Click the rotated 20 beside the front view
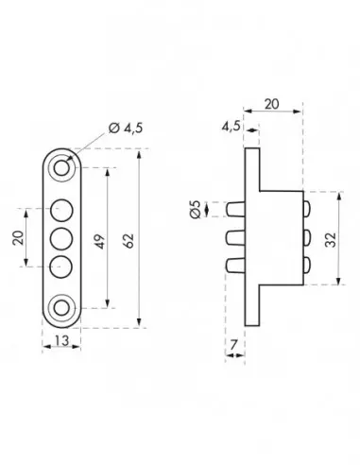click(x=19, y=236)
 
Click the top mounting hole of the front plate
click(x=62, y=168)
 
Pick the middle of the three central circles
click(x=62, y=236)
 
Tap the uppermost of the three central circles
click(x=62, y=209)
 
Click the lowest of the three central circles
click(x=62, y=264)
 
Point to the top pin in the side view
click(x=235, y=207)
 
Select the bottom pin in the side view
click(x=235, y=266)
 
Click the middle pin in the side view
click(x=235, y=236)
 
